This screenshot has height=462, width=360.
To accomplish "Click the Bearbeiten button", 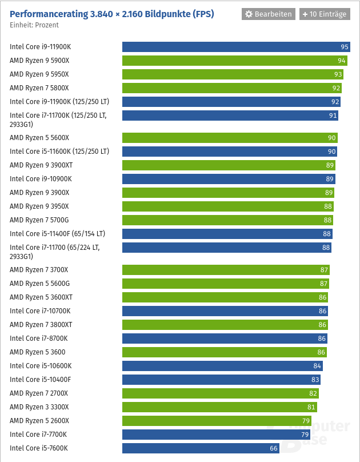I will [267, 14].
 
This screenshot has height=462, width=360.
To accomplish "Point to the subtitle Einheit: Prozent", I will [34, 25].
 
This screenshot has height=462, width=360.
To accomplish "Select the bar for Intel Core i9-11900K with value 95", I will [235, 47].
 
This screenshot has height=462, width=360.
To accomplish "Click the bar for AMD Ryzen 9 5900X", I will [234, 61].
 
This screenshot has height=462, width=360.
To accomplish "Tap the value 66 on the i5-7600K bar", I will [274, 448].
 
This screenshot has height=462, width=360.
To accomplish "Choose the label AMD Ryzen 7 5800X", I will [39, 88].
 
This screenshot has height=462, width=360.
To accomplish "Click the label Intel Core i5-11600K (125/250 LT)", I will [59, 152].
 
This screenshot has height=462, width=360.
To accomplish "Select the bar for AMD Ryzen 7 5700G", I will [227, 220].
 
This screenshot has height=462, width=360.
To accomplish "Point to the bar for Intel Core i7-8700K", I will [225, 338].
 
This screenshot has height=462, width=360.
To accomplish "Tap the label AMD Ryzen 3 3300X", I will [39, 407].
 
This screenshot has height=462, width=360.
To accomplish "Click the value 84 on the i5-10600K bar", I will [317, 366].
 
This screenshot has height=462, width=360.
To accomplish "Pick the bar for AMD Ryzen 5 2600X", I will [217, 421].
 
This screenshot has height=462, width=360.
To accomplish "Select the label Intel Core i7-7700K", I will [38, 435].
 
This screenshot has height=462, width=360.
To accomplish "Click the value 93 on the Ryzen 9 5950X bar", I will [338, 74].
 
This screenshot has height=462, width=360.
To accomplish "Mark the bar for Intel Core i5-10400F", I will [221, 380].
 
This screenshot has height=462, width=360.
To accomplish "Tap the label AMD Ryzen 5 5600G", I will [39, 284].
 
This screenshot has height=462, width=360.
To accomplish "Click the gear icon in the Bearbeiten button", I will [249, 14].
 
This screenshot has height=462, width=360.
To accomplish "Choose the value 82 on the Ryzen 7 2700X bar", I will [313, 393].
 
